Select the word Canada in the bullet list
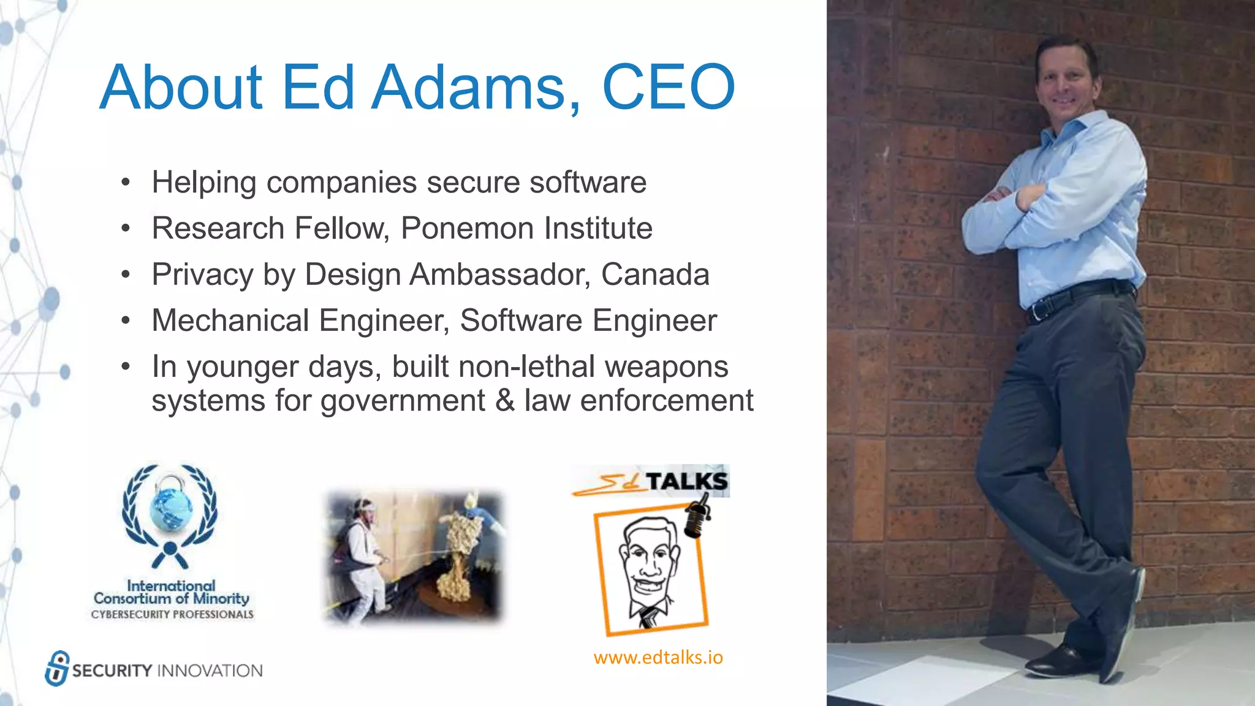[x=654, y=275]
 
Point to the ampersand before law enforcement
[x=504, y=401]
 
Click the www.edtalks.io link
[x=658, y=658]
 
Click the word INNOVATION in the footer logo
[x=210, y=671]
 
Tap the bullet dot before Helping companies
[x=126, y=183]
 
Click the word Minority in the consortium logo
[x=221, y=598]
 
